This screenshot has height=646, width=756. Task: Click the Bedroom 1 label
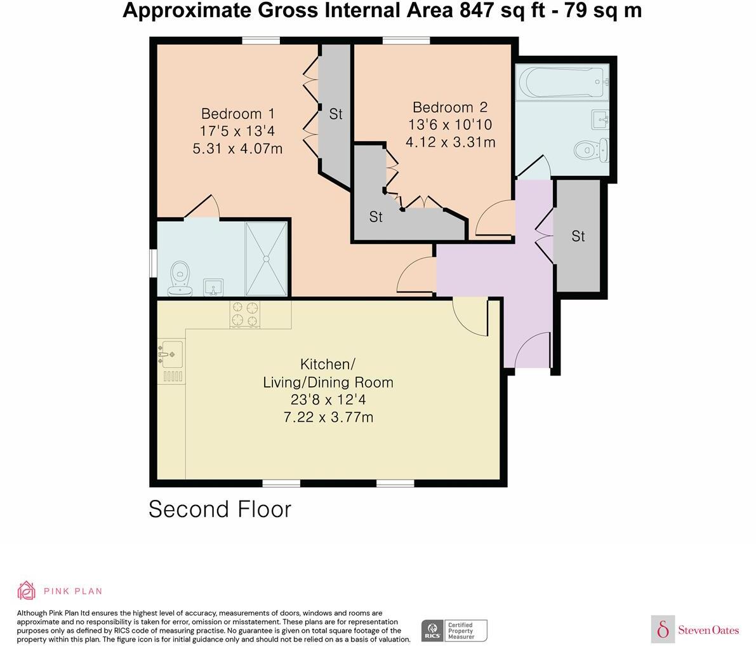[x=237, y=114]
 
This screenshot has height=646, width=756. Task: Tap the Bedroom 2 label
[x=450, y=107]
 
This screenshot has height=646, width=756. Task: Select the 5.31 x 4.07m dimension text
[x=237, y=149]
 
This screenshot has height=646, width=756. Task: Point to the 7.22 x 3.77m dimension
[x=328, y=417]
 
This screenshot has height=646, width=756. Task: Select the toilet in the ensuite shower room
[x=180, y=279]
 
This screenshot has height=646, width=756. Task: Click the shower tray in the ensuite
[x=267, y=259]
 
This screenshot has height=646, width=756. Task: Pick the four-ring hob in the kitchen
[x=245, y=314]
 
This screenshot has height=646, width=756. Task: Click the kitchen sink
[x=170, y=355]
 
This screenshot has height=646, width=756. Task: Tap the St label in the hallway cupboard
[x=578, y=236]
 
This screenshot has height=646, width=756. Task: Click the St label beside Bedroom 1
[x=336, y=114]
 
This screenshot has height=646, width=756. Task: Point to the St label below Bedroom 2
[x=376, y=217]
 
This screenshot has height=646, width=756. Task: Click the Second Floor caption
[x=220, y=509]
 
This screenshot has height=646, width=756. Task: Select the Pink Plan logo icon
[x=26, y=591]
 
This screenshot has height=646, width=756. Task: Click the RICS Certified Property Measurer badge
[x=454, y=631]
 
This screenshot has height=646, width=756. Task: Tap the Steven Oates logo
[x=695, y=629]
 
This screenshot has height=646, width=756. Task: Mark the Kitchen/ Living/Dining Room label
[x=328, y=373]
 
